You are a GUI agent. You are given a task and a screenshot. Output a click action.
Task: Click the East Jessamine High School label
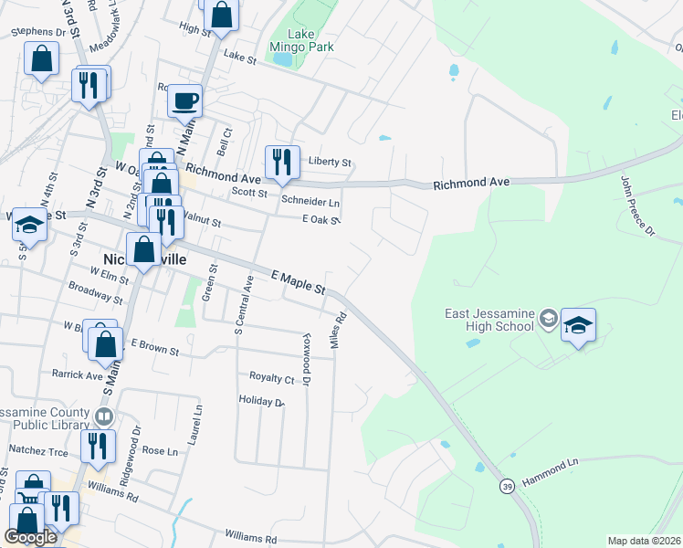tap(489, 320)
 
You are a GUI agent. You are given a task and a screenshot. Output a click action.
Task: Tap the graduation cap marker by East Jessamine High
tap(578, 325)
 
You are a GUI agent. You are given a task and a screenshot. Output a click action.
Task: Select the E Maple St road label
tap(298, 281)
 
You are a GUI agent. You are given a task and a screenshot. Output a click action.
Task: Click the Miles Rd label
tap(340, 330)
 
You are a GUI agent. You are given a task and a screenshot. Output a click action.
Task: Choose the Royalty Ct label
tap(272, 377)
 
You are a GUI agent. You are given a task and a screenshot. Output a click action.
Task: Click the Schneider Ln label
tap(310, 202)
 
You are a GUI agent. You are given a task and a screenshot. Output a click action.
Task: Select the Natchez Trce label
tap(38, 451)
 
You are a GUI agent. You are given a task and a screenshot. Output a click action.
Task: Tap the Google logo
tap(30, 537)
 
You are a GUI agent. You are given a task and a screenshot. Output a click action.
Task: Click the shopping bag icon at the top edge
tap(221, 14)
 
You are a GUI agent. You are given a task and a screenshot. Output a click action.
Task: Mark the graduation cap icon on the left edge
tap(30, 227)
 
